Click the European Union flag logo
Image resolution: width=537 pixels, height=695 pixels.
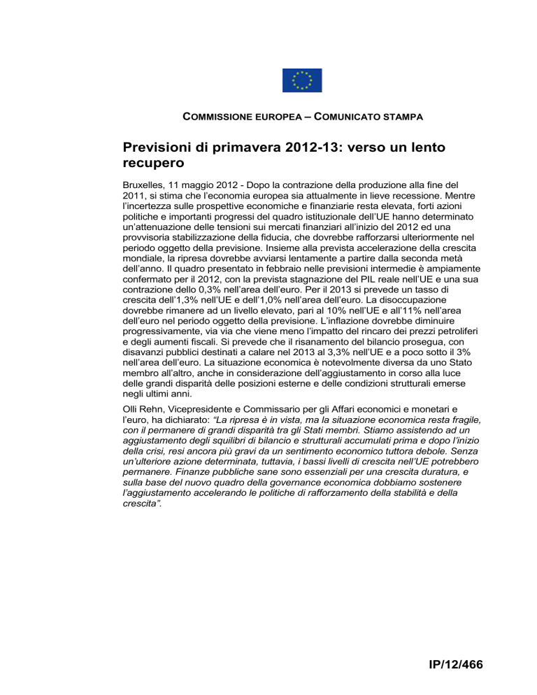click(x=302, y=80)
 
